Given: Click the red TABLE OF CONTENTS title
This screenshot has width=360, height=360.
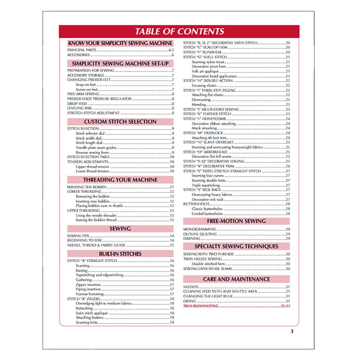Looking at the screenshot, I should coord(179,31).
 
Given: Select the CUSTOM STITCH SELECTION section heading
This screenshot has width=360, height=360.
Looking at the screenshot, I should coord(120,122).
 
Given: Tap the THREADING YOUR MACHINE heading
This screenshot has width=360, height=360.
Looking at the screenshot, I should coord(120,180).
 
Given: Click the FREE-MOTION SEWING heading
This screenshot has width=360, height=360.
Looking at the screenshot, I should coord(236,221).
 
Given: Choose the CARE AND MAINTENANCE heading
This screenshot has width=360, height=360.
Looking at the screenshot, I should coord(236,279).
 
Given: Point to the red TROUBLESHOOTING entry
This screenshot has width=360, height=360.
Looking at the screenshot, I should coord(201,306).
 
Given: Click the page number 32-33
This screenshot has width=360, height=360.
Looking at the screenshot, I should coord(284,306).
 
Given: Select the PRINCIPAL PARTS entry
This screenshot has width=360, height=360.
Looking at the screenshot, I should coord(82,50).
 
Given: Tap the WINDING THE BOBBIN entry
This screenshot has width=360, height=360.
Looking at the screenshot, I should coord(87,187).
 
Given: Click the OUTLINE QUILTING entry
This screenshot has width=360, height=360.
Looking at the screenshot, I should coord(200,234).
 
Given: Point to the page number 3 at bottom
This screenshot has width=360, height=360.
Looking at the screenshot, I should coord(292,332).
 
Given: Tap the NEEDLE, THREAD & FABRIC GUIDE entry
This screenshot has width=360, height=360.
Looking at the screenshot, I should coord(96,245).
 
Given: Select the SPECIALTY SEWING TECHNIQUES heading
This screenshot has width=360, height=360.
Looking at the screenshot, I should coord(236,246).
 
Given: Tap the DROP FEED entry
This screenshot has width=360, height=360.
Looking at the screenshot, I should coord(77,103).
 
